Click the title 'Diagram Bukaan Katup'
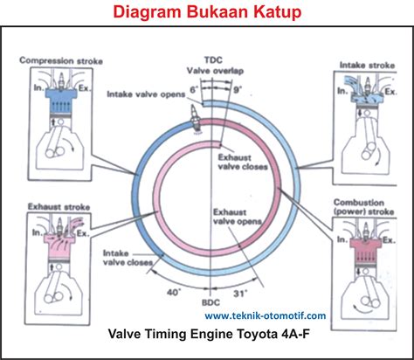(207, 12)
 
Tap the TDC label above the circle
(213, 60)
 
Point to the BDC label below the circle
(210, 302)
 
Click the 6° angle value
(194, 90)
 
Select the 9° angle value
(237, 90)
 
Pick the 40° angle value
(174, 292)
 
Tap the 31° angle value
(240, 294)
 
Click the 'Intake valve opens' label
(146, 94)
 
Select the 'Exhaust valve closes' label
(243, 163)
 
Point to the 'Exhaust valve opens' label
(238, 217)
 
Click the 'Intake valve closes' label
(128, 258)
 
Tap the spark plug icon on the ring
(196, 120)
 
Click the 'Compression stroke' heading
(61, 61)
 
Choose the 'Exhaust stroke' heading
(59, 207)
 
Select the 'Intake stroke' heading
(368, 66)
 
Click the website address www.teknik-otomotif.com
(266, 315)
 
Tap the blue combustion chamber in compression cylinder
(61, 100)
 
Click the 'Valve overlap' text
(215, 71)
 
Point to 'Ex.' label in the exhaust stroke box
(83, 233)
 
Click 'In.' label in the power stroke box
(342, 239)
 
